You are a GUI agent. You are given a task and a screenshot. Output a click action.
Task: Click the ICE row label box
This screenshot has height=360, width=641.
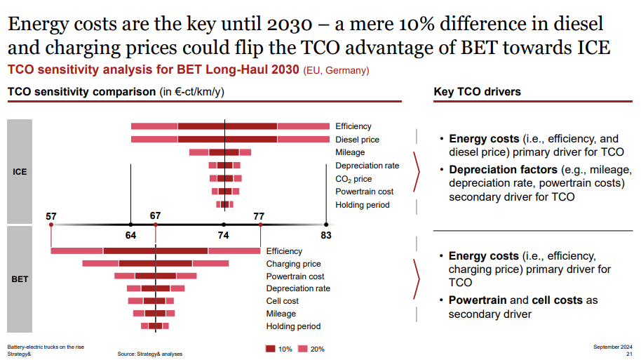pos(20,171)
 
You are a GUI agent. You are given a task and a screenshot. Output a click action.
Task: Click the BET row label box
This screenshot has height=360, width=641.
pos(20,279)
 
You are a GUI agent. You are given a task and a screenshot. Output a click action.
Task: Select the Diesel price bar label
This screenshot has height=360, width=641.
pos(357,140)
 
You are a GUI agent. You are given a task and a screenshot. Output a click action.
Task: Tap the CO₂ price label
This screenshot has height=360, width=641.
pos(353,179)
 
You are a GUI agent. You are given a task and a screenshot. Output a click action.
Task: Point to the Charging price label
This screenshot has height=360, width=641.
pos(293,264)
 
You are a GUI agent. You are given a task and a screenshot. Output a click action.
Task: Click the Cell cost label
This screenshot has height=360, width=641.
pos(282,301)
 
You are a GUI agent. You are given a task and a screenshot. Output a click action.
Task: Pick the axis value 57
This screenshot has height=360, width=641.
pos(51,216)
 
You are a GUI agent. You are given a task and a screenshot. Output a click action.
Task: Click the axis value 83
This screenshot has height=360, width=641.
pos(326,235)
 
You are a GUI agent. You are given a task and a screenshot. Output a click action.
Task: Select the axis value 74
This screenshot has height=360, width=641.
pos(224,235)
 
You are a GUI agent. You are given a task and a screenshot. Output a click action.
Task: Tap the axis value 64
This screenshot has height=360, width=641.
pos(130,235)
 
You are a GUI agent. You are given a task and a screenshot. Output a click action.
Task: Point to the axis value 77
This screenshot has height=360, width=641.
pos(259,216)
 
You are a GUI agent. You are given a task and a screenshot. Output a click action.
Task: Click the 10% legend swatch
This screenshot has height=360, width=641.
pos(271,349)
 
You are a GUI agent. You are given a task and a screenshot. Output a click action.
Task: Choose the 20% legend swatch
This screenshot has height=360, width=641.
pos(303,349)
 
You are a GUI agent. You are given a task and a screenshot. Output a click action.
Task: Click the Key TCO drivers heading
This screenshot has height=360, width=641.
pos(477,92)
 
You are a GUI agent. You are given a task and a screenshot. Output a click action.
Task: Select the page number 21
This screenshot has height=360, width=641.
pos(629,354)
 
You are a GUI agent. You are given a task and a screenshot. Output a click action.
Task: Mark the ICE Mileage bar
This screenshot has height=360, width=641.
pos(220,152)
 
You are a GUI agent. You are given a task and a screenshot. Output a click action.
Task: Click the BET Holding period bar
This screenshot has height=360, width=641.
pos(155,326)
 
